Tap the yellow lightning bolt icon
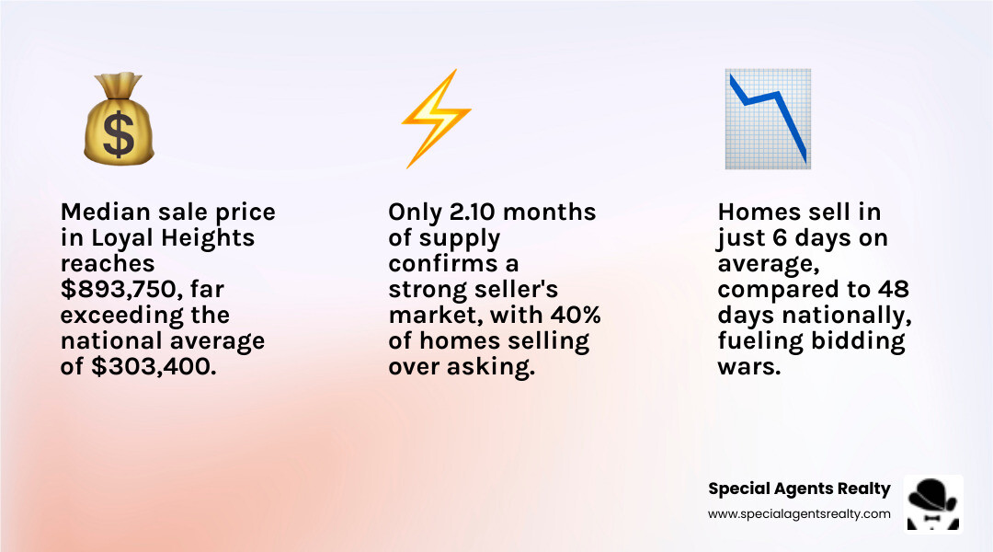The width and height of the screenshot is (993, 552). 435,119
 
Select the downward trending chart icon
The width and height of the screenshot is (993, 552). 767,119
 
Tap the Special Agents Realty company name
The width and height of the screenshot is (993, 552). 799,489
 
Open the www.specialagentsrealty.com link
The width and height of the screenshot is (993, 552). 799,514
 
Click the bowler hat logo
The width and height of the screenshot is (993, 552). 933,502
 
